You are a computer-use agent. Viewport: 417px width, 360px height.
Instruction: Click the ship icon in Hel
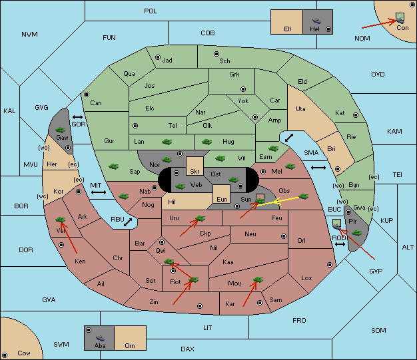click(x=316, y=21)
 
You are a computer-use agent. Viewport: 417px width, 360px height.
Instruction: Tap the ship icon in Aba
click(x=100, y=338)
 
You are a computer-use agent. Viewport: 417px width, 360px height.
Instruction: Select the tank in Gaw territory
click(x=61, y=130)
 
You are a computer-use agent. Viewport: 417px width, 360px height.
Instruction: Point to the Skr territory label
click(x=195, y=172)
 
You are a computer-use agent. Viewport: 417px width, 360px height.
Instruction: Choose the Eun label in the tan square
click(x=222, y=199)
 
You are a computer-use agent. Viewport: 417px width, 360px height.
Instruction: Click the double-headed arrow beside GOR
click(x=78, y=117)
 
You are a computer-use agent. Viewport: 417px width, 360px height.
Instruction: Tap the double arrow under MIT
click(x=99, y=192)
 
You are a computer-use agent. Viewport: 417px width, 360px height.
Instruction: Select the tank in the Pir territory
click(x=356, y=233)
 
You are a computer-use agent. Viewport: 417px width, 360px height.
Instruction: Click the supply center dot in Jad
click(x=158, y=57)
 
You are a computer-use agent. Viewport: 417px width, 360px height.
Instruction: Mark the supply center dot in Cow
click(x=5, y=355)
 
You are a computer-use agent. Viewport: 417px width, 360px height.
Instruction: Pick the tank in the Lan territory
click(x=167, y=142)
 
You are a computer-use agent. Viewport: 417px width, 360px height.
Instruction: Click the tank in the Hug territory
click(x=207, y=142)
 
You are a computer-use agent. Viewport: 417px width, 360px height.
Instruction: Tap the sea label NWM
click(x=29, y=35)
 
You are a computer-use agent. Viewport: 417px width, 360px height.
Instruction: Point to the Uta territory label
click(x=300, y=109)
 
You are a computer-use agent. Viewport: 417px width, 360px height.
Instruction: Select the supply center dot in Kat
click(x=356, y=115)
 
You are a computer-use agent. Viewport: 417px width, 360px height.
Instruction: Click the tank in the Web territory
click(x=180, y=186)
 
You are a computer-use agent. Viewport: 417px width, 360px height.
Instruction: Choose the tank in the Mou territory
click(x=258, y=279)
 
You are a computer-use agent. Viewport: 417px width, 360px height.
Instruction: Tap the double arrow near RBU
click(x=128, y=222)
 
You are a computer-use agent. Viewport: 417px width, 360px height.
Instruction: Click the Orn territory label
click(x=130, y=345)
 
